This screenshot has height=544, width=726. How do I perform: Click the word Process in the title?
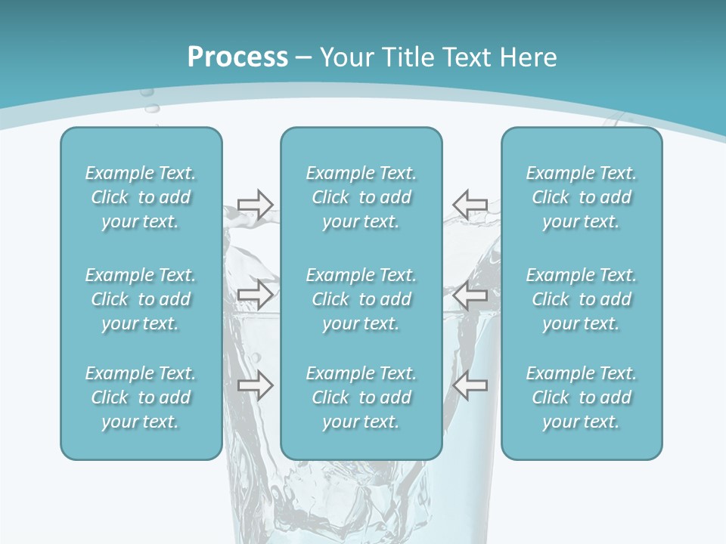[237, 57]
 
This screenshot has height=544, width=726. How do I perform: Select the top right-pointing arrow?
[255, 204]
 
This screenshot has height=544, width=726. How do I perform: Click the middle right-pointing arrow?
[255, 295]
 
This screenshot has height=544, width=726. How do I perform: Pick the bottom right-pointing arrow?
[255, 385]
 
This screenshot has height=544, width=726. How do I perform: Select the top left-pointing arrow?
[470, 204]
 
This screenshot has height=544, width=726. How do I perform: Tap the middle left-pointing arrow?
[470, 295]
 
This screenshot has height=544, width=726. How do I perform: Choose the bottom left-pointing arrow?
[470, 385]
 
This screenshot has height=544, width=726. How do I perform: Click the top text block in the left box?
[141, 197]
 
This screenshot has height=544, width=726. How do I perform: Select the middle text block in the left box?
[141, 299]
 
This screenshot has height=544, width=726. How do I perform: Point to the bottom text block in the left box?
[141, 397]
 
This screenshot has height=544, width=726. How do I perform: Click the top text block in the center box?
[361, 197]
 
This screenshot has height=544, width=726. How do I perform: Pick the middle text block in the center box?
[361, 299]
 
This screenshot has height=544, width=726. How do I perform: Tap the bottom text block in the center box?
[361, 397]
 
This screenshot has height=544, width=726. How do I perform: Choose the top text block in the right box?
[582, 197]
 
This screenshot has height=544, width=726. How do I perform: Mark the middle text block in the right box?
[582, 299]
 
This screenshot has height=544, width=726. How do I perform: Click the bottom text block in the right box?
[582, 397]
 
